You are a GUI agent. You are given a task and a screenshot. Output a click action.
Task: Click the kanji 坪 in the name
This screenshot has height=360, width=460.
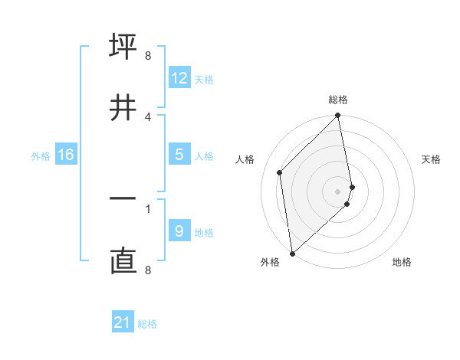[x=123, y=46]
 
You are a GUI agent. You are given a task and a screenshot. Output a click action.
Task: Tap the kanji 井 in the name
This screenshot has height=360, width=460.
[x=123, y=106]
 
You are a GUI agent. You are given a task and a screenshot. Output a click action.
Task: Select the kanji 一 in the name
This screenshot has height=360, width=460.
[x=123, y=199]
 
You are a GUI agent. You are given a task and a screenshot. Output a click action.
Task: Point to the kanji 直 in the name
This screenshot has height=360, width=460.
[x=123, y=261]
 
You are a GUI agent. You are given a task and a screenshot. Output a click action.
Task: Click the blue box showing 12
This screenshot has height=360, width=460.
[x=179, y=77]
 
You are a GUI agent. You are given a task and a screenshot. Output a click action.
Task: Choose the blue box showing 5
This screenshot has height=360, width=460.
[x=179, y=155]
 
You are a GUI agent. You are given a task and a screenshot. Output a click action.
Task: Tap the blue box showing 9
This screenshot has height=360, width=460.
[x=179, y=231]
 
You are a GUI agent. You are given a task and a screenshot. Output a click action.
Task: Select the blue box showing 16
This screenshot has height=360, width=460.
[x=66, y=155]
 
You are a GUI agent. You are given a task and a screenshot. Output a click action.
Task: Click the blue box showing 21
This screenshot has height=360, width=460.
[x=123, y=322]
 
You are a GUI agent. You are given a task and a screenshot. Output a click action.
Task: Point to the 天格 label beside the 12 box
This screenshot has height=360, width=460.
[x=204, y=79]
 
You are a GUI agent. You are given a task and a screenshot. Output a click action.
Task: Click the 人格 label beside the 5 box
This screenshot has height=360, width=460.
[x=204, y=156]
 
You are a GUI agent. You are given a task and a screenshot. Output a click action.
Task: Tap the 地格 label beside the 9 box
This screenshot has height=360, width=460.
[x=204, y=233]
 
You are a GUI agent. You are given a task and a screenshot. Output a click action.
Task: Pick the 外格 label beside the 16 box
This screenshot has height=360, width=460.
[x=41, y=156]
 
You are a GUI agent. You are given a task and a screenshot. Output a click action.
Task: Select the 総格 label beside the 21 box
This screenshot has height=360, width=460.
[x=147, y=324]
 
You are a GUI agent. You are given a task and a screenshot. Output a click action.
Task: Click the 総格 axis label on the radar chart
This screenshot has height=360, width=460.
[x=338, y=100]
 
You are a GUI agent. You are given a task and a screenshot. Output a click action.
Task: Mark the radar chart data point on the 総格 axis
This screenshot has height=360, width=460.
[x=338, y=116]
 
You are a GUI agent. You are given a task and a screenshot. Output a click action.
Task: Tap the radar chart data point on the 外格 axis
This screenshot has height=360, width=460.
[x=292, y=253]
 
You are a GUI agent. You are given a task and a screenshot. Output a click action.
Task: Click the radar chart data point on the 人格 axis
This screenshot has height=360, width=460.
[x=280, y=172]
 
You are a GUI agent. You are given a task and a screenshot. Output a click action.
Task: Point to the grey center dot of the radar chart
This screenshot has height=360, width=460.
[x=338, y=191]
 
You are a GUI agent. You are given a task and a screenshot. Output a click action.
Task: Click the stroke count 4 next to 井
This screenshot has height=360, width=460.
[x=148, y=116]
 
